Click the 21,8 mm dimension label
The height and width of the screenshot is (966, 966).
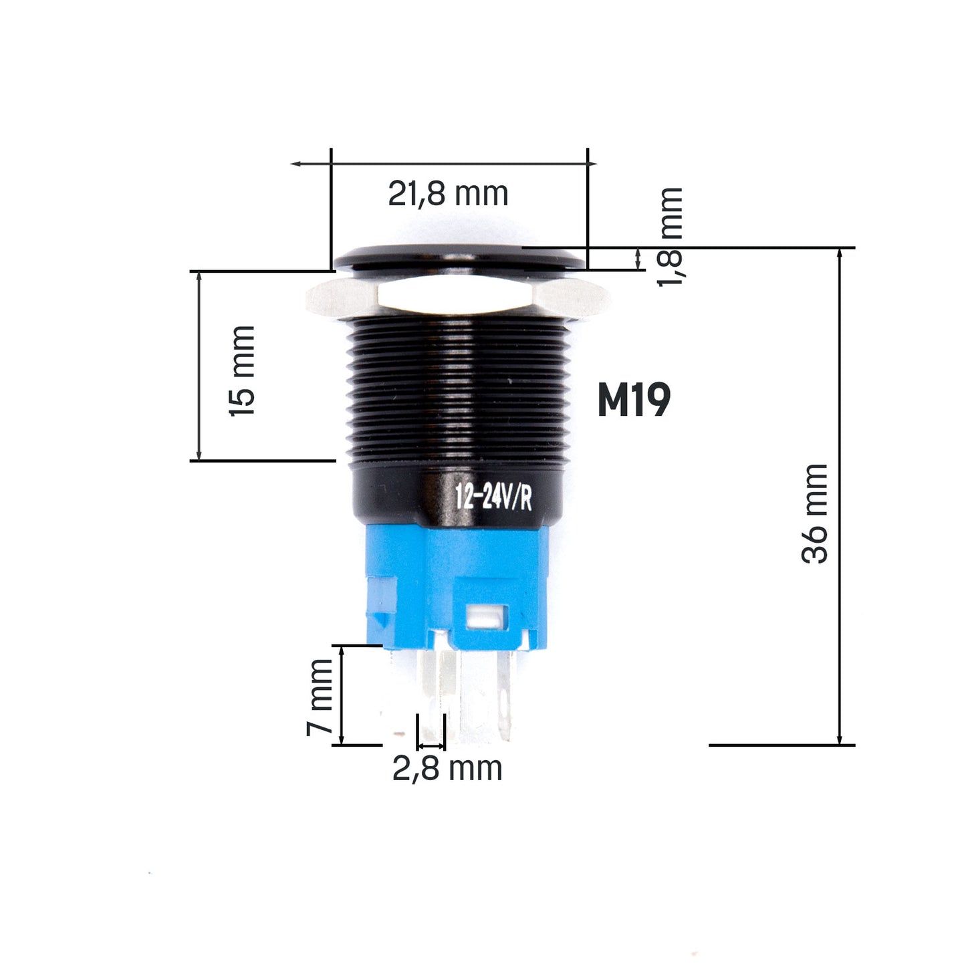tap(448, 194)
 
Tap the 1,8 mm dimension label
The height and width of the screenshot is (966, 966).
tap(670, 237)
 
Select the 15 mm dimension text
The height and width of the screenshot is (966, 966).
tap(242, 371)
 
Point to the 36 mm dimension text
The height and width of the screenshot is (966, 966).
tap(815, 513)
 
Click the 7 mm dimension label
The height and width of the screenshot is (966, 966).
tap(320, 697)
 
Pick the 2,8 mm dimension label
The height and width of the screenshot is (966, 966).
tap(447, 769)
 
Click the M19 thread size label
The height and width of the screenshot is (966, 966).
tap(633, 401)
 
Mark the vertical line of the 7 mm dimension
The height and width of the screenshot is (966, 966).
tap(342, 695)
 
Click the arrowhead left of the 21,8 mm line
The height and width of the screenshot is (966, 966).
tap(295, 164)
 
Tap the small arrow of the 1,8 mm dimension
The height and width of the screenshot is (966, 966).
tap(638, 258)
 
